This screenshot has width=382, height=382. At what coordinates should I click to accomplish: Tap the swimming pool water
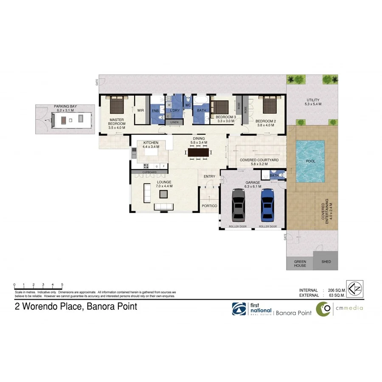click(310, 161)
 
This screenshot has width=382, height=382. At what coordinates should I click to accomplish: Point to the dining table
click(199, 152)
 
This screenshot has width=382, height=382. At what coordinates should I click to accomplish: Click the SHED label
click(326, 262)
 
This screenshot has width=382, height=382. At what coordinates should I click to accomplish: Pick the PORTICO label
click(210, 206)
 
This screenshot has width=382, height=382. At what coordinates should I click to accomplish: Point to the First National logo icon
click(239, 309)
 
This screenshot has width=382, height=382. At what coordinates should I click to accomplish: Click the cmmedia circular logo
click(325, 309)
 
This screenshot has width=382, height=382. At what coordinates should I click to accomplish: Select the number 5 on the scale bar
click(62, 284)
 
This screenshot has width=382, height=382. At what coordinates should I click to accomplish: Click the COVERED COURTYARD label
click(259, 160)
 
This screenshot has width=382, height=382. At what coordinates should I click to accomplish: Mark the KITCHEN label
click(151, 143)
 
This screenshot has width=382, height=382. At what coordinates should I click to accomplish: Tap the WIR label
click(140, 110)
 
